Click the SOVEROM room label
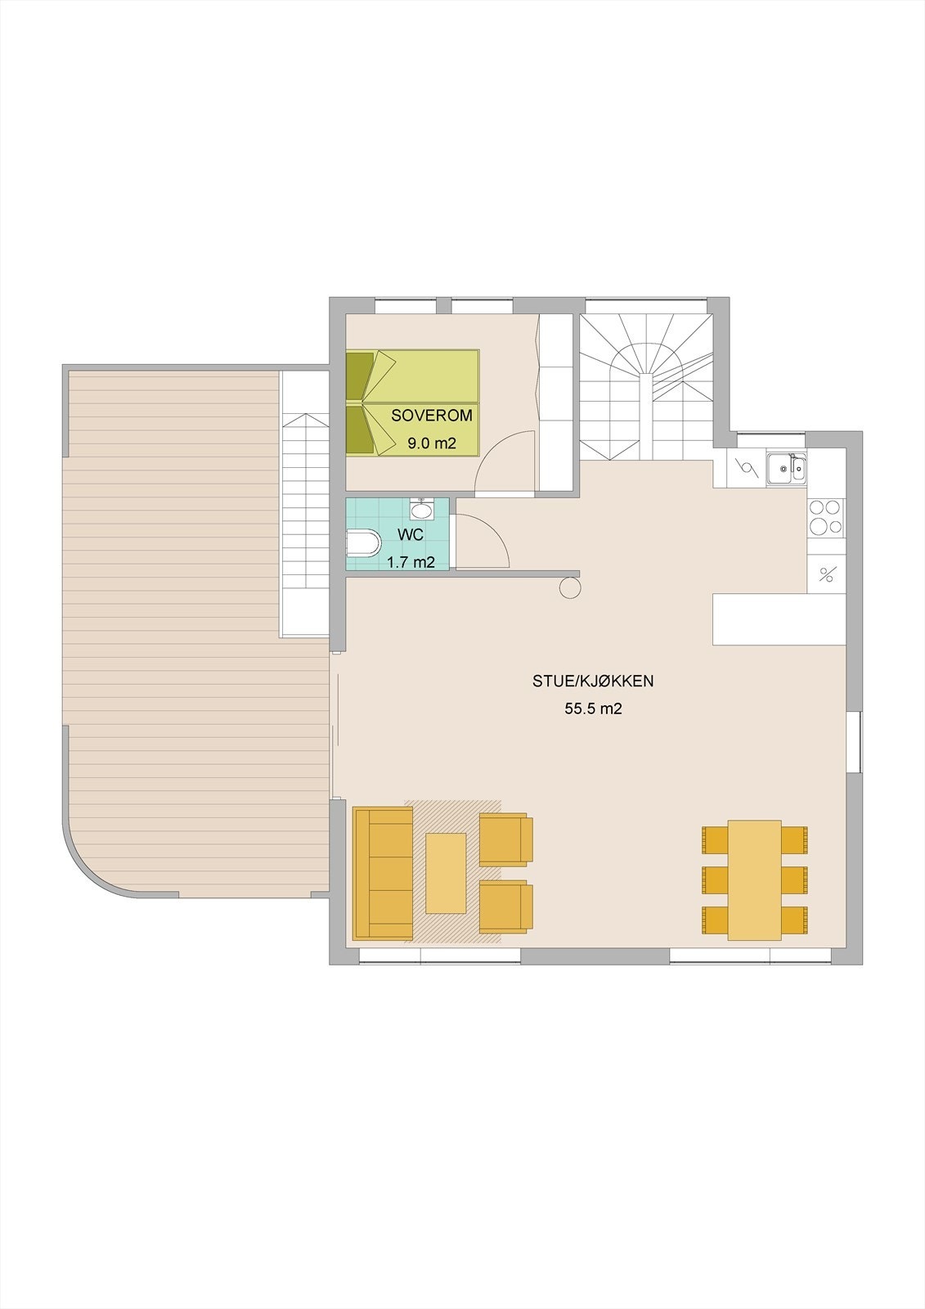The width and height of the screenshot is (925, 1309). point(432,416)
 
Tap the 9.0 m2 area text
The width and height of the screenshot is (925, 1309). point(432,444)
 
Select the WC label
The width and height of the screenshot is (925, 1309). point(410,535)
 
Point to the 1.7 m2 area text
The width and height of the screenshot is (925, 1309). point(411,562)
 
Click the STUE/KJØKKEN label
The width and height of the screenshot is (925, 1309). point(593,681)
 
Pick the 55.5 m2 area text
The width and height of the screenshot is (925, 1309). point(593,709)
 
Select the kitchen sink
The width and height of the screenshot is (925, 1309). point(786,468)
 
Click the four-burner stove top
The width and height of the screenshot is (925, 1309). point(825,517)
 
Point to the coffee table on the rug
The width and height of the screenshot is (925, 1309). point(446,872)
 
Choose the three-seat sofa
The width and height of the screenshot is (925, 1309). point(383,872)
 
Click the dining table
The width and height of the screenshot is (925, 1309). point(754,879)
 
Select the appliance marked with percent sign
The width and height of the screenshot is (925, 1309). point(826,574)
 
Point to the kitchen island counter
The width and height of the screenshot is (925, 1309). point(779,619)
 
